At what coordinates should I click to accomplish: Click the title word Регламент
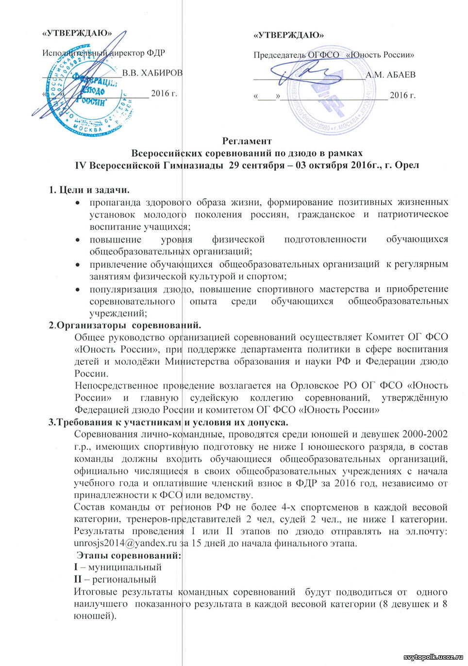point(247,141)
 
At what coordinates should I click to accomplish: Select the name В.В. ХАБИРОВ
point(152,73)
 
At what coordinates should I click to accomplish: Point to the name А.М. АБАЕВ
point(390,75)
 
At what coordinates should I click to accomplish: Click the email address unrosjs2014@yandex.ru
point(125,543)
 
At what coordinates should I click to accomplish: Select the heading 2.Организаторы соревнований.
point(125,325)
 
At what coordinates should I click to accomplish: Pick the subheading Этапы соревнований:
point(129,555)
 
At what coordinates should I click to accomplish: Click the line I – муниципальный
point(117,567)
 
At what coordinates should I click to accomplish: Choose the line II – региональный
point(115,579)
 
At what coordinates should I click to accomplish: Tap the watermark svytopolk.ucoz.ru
point(434,657)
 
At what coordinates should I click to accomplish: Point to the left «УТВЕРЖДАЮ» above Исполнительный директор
point(77,33)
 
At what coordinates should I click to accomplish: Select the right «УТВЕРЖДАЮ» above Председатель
point(289,35)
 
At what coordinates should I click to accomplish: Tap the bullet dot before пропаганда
point(77,203)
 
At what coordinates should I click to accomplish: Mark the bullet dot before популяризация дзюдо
point(77,290)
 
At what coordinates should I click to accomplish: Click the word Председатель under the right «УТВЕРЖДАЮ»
point(279,55)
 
